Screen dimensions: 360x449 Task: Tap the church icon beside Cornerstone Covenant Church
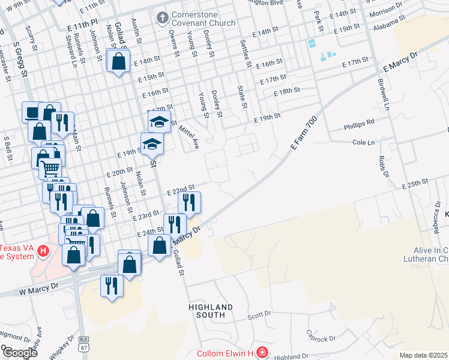pyautogui.click(x=161, y=18)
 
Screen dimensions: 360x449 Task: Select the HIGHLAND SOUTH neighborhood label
pyautogui.click(x=210, y=311)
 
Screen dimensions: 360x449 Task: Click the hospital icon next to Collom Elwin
pyautogui.click(x=262, y=352)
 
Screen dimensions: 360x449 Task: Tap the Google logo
pyautogui.click(x=19, y=353)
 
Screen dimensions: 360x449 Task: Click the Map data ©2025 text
pyautogui.click(x=423, y=355)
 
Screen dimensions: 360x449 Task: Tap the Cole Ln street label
pyautogui.click(x=363, y=142)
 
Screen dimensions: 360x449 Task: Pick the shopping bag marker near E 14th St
pyautogui.click(x=119, y=61)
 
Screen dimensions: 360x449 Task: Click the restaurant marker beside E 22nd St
pyautogui.click(x=189, y=204)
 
